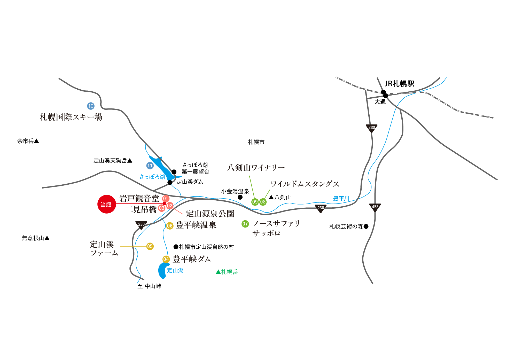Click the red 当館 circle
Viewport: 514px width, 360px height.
(x=106, y=204)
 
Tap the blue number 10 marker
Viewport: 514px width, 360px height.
(x=91, y=106)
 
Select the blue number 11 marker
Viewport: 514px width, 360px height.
(x=150, y=166)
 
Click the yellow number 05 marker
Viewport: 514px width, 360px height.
(x=150, y=246)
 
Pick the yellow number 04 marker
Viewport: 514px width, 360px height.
(x=166, y=259)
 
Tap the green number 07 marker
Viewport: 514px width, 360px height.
(x=245, y=224)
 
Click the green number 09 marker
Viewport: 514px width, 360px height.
(x=255, y=202)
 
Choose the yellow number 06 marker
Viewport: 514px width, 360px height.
(x=170, y=226)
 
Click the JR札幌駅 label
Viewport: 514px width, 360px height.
(x=399, y=84)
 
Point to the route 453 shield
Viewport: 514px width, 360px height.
(x=375, y=207)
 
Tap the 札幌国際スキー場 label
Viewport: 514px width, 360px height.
(x=71, y=117)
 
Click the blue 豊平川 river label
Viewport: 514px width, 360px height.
(x=341, y=199)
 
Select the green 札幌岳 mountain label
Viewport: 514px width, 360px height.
(x=227, y=272)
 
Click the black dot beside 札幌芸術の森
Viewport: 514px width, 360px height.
(x=366, y=226)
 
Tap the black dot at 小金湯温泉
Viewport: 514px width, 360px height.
(x=240, y=197)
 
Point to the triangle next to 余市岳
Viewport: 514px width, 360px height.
(x=36, y=141)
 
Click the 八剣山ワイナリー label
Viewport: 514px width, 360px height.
(x=256, y=168)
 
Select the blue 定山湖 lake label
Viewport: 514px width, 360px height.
(x=175, y=270)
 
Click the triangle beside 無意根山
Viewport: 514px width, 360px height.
(x=47, y=238)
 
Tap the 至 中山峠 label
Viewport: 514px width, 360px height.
(x=149, y=286)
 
